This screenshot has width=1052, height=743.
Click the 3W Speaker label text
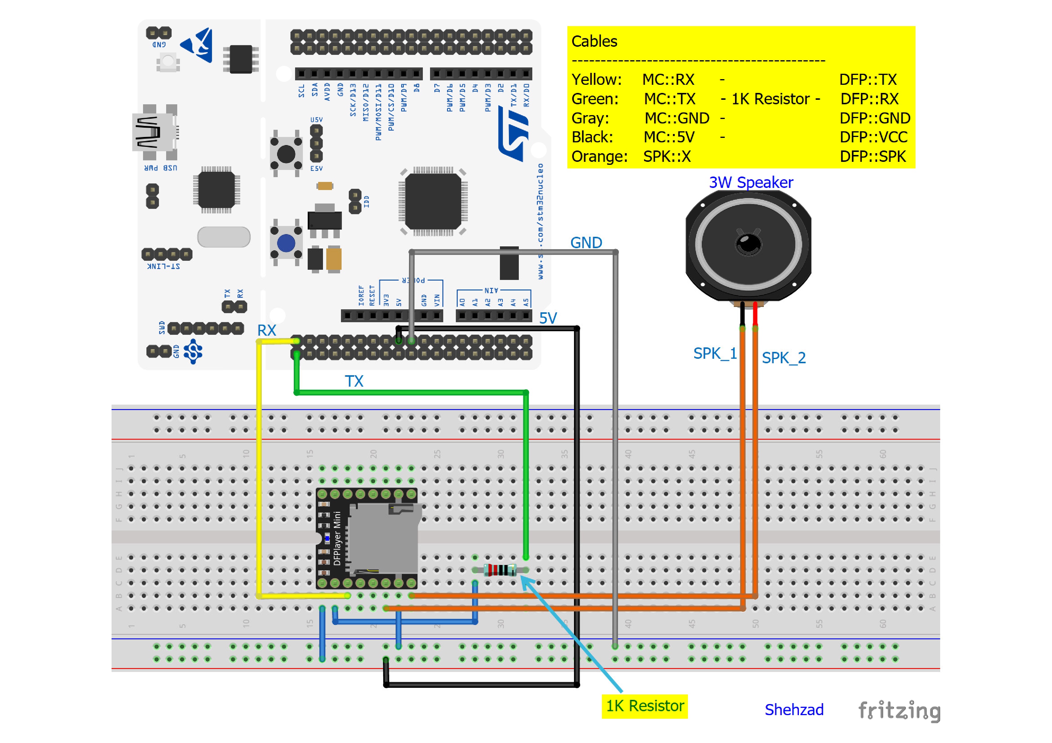coord(751,182)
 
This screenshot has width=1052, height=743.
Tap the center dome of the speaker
coord(748,243)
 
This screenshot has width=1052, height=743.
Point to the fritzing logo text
coord(899,711)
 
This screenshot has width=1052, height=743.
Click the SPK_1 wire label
coord(715,353)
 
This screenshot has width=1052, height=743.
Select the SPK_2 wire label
coord(784,358)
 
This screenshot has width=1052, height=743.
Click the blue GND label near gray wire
coord(586,243)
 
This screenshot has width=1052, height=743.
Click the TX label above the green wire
coord(354,381)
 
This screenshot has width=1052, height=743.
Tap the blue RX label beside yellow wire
coord(266,330)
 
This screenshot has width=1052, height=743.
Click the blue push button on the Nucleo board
coord(286,243)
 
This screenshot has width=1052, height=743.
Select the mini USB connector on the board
coord(154,132)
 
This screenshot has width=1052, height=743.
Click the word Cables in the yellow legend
coord(594,41)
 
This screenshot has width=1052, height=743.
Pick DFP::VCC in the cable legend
coord(873,137)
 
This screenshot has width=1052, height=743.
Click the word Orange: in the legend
coord(599,156)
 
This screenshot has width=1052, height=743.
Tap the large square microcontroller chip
coord(432,201)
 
